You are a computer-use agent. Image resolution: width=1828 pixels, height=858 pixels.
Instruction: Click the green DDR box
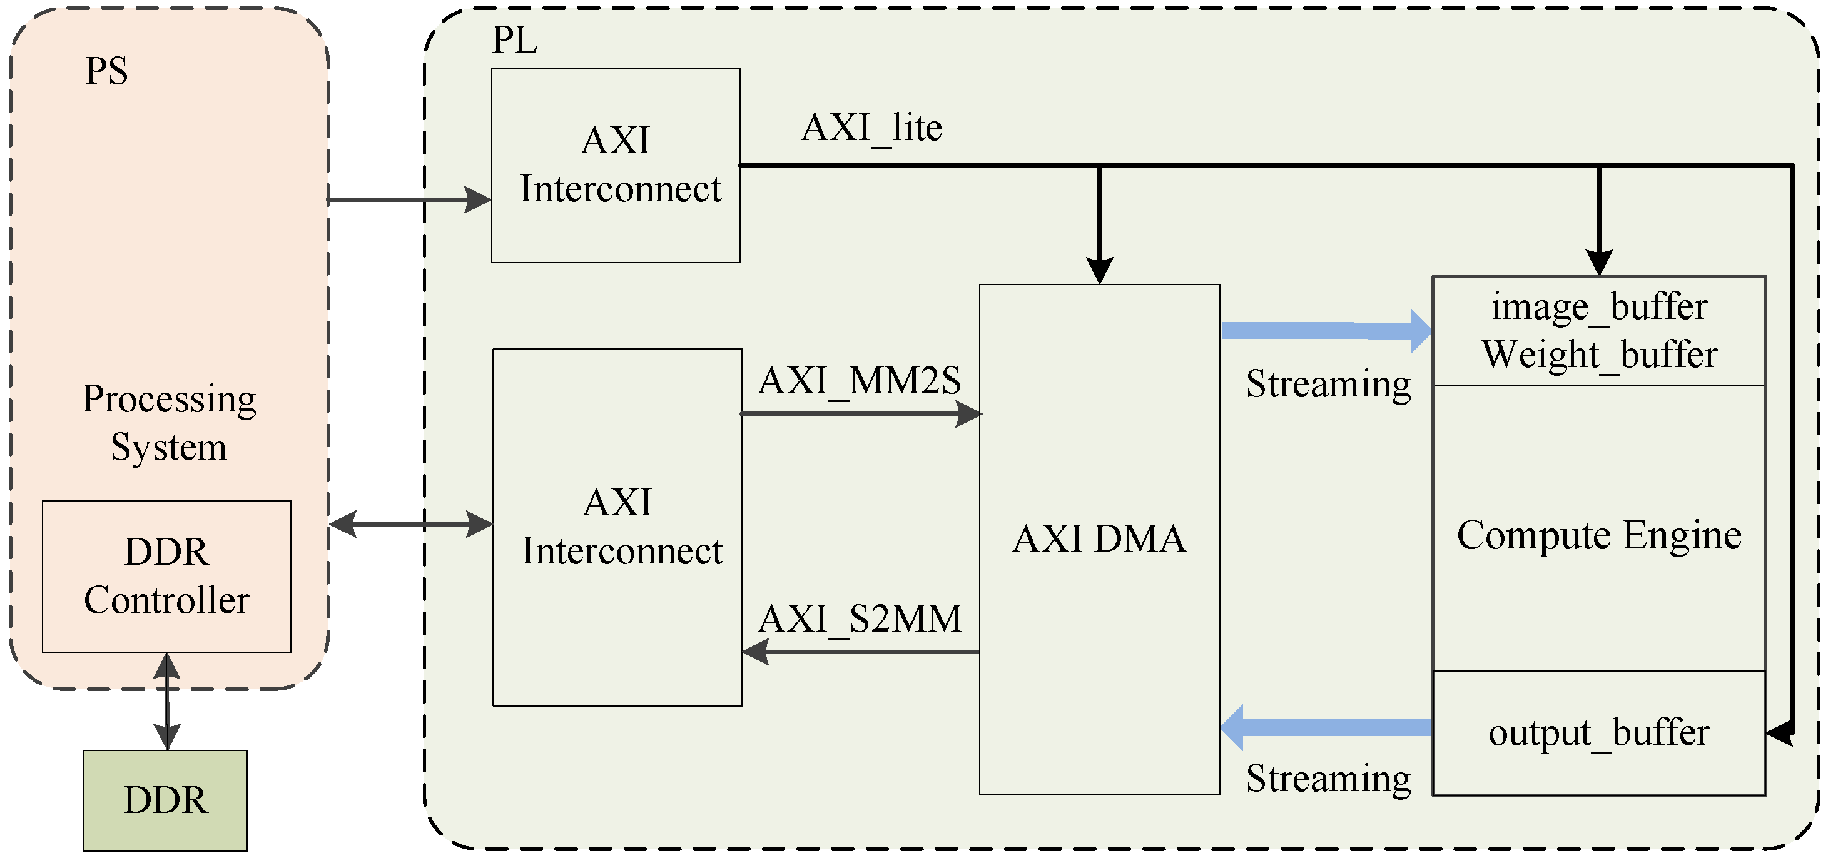coord(165,800)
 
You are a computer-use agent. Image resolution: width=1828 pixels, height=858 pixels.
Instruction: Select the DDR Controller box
coord(167,576)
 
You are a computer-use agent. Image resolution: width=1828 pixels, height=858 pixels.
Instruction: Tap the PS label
coord(106,71)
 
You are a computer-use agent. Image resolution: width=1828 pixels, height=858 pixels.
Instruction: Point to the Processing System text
coord(169,423)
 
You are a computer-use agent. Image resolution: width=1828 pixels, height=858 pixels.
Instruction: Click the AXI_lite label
coord(871,128)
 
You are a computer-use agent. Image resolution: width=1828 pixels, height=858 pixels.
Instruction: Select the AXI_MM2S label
coord(860,381)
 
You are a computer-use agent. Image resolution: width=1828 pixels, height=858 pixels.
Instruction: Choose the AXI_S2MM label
coord(860,619)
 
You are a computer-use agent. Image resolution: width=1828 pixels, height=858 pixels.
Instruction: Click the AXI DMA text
coord(1099,538)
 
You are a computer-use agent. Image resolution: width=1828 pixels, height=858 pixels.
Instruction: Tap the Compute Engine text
coord(1599,535)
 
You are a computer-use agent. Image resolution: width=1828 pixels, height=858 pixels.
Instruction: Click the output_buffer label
coord(1599,732)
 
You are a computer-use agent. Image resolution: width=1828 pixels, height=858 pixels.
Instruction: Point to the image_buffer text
coord(1599,306)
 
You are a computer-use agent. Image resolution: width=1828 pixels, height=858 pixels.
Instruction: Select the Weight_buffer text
coord(1599,354)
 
